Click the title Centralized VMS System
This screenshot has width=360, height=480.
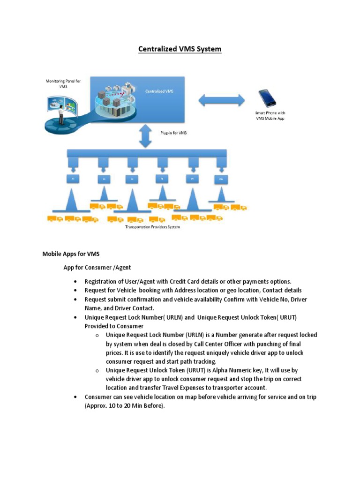point(180,49)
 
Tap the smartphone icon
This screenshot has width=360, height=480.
point(267,98)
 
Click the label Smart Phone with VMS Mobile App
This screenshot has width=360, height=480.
point(270,116)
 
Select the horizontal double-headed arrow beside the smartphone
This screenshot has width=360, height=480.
point(222,100)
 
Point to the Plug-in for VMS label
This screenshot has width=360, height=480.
point(173,133)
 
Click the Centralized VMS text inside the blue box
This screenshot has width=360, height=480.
point(159,91)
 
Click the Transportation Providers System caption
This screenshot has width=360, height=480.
point(152,227)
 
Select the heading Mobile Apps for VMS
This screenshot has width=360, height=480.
point(71,254)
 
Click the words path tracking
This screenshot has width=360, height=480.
point(195,361)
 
